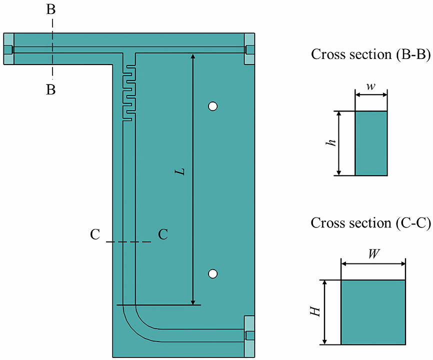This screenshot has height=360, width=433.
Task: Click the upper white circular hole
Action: pos(213,106)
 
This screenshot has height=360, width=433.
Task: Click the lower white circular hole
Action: pos(213,273)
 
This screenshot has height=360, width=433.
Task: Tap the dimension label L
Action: pos(180,171)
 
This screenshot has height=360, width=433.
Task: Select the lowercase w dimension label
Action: pos(370,86)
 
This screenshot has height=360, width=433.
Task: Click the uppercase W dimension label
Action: pos(372,253)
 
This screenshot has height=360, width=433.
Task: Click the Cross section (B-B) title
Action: pos(370,55)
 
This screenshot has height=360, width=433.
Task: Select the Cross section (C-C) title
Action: pos(370,222)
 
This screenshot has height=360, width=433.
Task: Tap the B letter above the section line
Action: pos(51,10)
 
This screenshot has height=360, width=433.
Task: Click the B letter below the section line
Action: pos(51,90)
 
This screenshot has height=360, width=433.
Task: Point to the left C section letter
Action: pos(95,234)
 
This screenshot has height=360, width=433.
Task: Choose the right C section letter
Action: pos(162,234)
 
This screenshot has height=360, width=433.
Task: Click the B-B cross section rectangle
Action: pos(371,143)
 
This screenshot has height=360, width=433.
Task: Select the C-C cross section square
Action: pos(372,312)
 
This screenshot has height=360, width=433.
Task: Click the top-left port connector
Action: pos(8,49)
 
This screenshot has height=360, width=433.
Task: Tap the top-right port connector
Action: pos(249,49)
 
